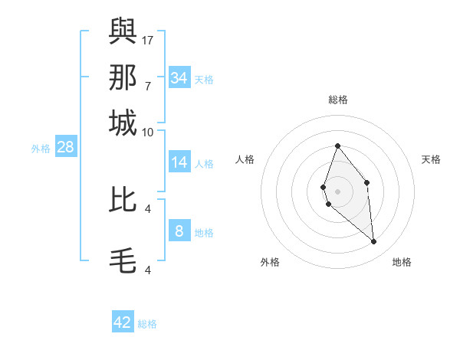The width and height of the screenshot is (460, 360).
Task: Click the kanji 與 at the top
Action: (123, 30)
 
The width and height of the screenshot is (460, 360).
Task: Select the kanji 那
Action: (123, 77)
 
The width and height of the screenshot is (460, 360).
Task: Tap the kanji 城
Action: (123, 123)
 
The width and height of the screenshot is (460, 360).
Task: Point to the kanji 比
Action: (123, 199)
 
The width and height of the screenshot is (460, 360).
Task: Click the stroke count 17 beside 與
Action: (148, 39)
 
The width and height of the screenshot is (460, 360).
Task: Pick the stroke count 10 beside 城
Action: (148, 132)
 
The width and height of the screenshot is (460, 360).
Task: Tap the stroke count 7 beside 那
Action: (148, 86)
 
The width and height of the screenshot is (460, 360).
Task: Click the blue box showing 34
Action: (179, 77)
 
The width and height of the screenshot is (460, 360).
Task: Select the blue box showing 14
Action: (179, 162)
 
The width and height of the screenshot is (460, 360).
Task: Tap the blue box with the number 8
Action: (179, 231)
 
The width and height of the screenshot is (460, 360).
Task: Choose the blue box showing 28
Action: (65, 148)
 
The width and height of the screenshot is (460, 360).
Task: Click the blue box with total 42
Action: (123, 322)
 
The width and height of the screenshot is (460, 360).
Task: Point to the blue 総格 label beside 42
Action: (147, 324)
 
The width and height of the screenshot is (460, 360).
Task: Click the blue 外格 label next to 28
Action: (40, 149)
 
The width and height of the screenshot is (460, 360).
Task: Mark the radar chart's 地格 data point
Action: (374, 242)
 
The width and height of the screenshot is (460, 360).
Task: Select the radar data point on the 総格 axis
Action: (337, 146)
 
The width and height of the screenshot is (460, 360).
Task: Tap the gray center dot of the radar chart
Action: (337, 191)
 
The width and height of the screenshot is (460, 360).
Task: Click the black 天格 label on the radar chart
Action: (431, 159)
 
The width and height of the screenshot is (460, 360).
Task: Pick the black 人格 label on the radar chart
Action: (245, 159)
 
